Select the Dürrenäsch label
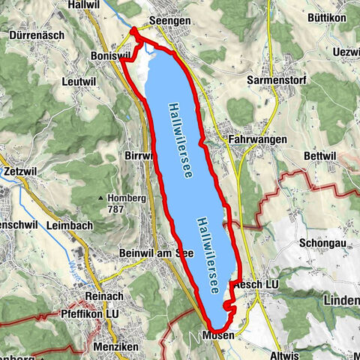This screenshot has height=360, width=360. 36,34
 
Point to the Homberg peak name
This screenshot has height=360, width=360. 127,198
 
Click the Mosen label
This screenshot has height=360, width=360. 218,336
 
